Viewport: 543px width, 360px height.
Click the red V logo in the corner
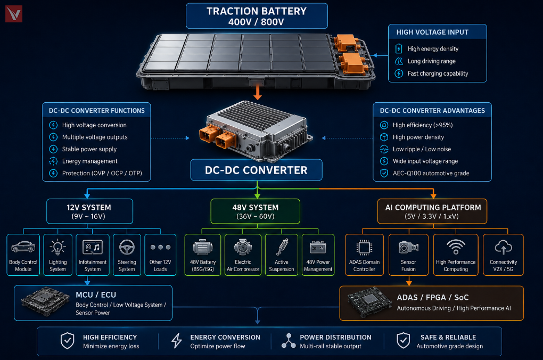[14, 14]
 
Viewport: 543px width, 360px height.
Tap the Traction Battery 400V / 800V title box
[257, 16]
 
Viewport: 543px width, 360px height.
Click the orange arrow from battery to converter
[257, 92]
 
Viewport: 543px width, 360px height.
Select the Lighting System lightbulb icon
[57, 248]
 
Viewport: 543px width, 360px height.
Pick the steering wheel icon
[127, 248]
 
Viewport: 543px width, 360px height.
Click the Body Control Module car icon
[23, 247]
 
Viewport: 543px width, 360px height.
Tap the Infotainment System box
[93, 255]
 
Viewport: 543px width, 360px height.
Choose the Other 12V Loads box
[160, 255]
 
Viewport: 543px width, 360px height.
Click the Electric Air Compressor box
[243, 255]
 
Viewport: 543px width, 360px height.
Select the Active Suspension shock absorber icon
[282, 247]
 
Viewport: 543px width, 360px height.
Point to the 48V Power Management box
[318, 255]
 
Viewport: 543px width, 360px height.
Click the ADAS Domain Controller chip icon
[364, 248]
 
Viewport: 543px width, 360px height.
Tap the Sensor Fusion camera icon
[408, 248]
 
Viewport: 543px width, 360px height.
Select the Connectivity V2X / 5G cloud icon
[503, 248]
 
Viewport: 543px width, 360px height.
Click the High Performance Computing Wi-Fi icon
[456, 247]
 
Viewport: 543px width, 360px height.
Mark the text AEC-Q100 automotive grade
[431, 173]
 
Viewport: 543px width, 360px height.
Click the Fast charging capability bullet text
[438, 73]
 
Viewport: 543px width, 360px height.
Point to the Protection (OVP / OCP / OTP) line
[102, 173]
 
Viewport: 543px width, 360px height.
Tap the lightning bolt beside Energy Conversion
[177, 341]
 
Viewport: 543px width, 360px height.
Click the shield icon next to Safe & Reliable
[404, 341]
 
